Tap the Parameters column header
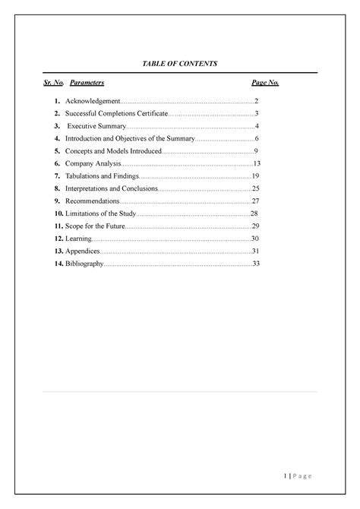tap(87, 82)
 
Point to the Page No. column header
tap(265, 82)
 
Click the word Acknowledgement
tap(93, 101)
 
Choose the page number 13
tap(257, 164)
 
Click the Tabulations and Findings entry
tap(103, 176)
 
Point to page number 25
tap(256, 188)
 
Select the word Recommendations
tap(93, 201)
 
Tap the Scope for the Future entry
tap(94, 226)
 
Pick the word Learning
tap(79, 239)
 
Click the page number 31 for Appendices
tap(256, 251)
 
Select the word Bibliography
tap(84, 264)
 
